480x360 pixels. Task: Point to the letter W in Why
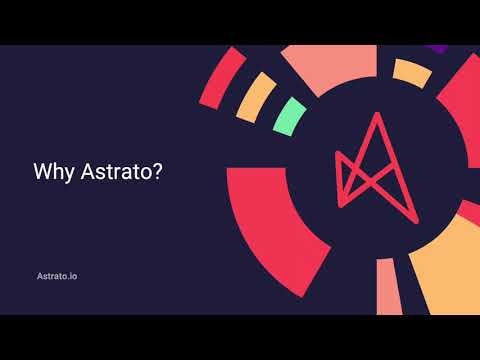44,171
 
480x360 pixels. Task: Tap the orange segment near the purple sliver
411,70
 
